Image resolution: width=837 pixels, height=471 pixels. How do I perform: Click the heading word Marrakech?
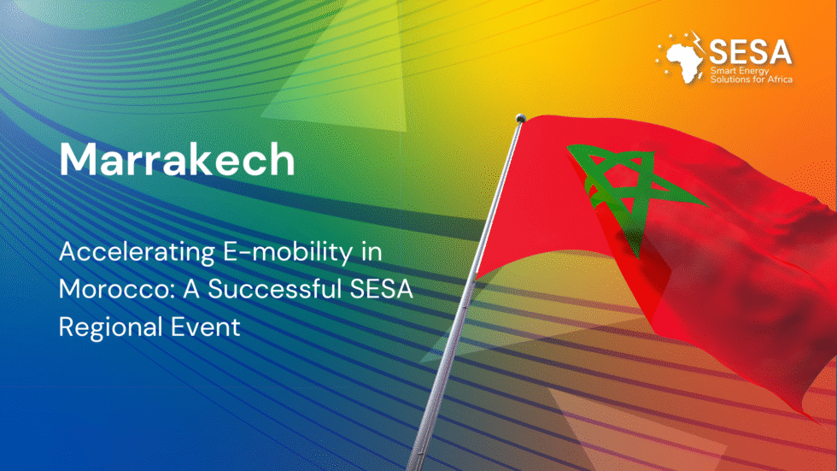[177, 159]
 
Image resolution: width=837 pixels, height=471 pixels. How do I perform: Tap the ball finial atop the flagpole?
[519, 119]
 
